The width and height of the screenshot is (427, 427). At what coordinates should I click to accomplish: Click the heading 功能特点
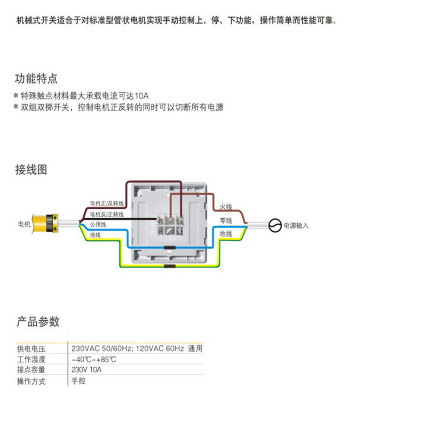click(36, 80)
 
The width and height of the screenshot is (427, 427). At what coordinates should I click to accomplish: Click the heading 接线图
click(31, 170)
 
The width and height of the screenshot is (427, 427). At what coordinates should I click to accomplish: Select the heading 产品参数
click(37, 322)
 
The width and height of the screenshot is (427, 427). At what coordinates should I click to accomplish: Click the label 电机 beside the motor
click(24, 224)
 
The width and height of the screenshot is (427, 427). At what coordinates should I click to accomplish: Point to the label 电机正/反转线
click(107, 204)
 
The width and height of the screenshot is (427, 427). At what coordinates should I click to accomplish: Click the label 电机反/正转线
click(107, 214)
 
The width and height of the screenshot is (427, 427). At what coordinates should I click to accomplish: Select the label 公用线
click(98, 224)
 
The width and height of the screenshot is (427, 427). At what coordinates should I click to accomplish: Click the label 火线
click(226, 207)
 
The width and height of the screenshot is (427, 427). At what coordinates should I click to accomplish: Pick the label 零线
click(226, 220)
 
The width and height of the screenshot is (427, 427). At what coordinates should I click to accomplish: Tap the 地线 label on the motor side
click(96, 235)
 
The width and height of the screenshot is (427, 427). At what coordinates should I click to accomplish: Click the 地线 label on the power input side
click(226, 234)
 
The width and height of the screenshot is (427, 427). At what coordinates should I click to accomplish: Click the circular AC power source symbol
click(274, 226)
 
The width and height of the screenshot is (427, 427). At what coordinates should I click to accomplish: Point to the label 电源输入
click(296, 226)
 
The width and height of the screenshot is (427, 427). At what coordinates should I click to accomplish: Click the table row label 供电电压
click(31, 349)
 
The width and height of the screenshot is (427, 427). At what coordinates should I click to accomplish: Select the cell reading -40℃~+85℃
click(94, 359)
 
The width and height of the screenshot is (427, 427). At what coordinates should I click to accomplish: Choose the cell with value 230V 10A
click(86, 370)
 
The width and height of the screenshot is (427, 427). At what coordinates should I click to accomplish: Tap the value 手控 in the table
click(78, 381)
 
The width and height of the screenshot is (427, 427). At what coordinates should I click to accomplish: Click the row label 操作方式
click(31, 381)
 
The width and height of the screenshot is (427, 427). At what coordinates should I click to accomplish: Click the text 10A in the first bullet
click(142, 96)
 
